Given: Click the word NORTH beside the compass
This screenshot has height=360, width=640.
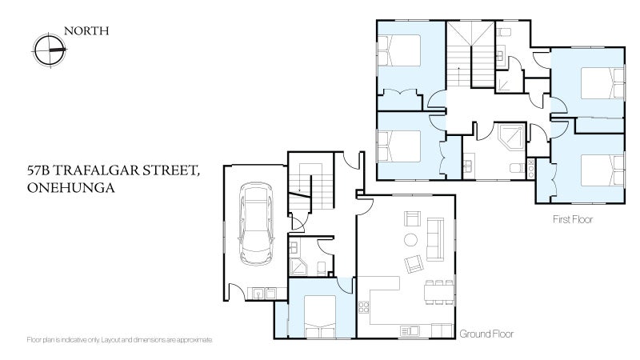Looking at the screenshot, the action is (x=86, y=31).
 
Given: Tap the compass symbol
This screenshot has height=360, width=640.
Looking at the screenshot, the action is (x=50, y=50).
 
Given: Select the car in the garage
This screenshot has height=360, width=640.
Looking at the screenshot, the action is (x=256, y=224).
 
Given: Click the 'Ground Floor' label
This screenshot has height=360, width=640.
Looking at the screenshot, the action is (x=486, y=334).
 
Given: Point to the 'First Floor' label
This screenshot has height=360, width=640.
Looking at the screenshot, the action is (x=573, y=219).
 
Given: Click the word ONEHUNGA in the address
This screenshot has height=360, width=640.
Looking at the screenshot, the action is (x=70, y=188).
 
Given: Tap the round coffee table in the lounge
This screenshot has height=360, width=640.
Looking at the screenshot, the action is (x=410, y=239).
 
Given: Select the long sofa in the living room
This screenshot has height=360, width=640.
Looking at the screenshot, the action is (x=435, y=239).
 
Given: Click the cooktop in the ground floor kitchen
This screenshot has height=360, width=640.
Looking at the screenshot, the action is (x=363, y=307).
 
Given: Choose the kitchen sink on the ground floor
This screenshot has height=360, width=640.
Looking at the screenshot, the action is (x=410, y=330).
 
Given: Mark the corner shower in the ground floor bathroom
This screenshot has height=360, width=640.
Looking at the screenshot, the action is (x=298, y=266).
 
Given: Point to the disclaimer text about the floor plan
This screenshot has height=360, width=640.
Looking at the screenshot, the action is (x=119, y=339).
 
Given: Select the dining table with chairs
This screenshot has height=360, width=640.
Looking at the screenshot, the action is (x=439, y=292).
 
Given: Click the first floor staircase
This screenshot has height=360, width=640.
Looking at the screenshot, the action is (x=470, y=54).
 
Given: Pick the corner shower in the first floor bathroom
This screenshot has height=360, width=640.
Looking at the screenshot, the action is (x=512, y=137).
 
